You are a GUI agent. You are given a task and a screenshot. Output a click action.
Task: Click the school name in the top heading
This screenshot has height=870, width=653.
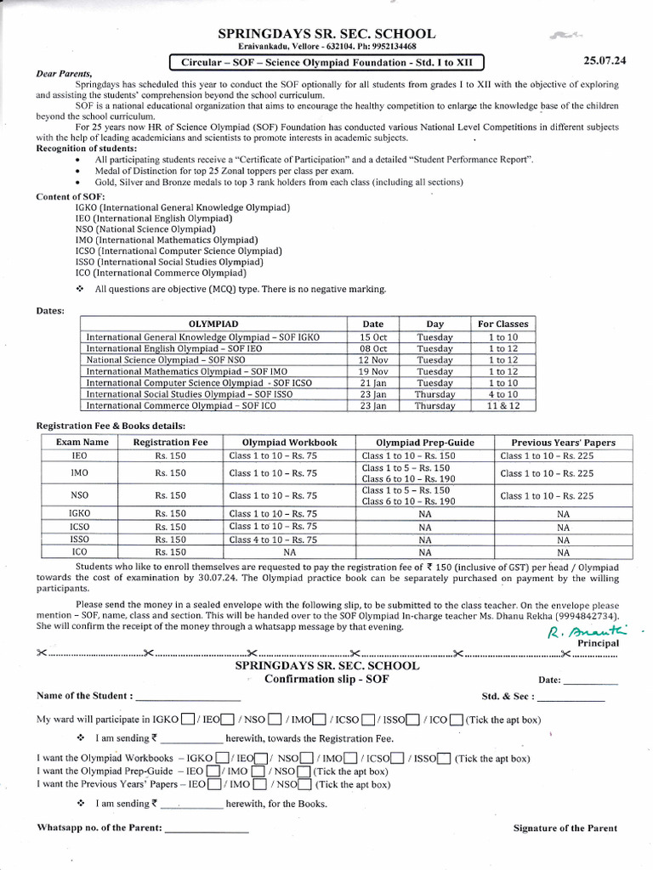(x=326, y=34)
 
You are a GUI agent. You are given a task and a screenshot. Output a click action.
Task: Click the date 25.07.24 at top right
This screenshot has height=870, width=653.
(x=605, y=60)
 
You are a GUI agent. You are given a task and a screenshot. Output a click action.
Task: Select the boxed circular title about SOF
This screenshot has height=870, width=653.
(x=326, y=61)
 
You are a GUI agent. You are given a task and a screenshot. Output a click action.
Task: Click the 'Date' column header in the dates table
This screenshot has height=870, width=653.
(x=372, y=324)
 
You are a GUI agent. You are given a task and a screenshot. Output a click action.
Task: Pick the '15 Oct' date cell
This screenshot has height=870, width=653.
(x=372, y=337)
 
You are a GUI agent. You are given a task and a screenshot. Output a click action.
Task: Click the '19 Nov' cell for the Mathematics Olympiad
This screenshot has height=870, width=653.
(x=372, y=371)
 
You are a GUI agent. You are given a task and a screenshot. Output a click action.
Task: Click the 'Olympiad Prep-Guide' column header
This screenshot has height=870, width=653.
(x=426, y=442)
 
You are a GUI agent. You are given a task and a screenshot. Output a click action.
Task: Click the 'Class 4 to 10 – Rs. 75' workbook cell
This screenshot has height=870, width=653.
(x=273, y=539)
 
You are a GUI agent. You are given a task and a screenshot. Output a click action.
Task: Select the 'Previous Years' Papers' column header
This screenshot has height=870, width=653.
(x=563, y=442)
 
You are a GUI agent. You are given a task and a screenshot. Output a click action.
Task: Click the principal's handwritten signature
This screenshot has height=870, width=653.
(x=578, y=630)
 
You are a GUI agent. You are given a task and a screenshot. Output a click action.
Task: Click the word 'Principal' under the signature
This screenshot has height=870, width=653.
(x=598, y=643)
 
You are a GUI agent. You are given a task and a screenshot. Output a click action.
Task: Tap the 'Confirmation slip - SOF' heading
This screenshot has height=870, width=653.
(x=326, y=679)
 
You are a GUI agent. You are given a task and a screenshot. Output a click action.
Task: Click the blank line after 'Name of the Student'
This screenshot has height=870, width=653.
(x=188, y=697)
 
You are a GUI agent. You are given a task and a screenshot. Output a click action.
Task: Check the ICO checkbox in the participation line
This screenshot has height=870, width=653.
(x=456, y=720)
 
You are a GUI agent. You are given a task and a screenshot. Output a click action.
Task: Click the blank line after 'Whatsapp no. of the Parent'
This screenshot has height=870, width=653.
(x=207, y=828)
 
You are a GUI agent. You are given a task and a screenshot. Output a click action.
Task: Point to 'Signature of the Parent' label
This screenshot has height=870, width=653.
(x=565, y=828)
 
